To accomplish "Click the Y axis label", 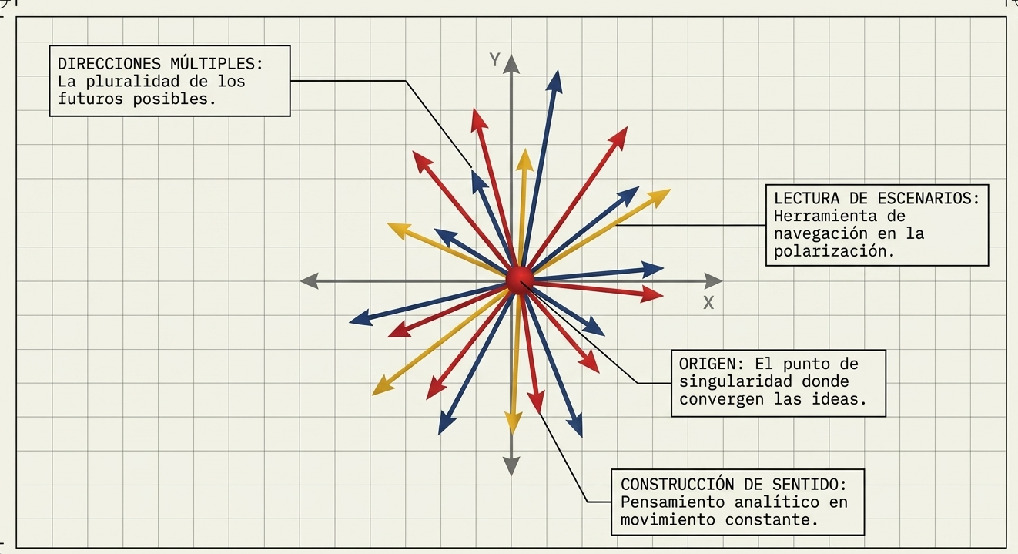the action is click(494, 60).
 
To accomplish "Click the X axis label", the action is click(708, 303).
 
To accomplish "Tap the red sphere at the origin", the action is click(520, 280).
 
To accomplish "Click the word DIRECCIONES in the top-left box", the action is click(109, 64).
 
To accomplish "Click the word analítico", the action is click(777, 502).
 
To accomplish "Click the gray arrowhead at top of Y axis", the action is click(511, 64).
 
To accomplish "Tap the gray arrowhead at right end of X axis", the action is click(713, 281).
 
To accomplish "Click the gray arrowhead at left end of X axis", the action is click(310, 281).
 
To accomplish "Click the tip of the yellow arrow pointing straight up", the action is click(525, 148).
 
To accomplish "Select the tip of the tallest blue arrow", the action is click(558, 70).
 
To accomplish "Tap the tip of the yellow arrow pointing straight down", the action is click(513, 435).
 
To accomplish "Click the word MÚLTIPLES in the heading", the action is click(217, 63).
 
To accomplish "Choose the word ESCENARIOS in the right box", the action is click(929, 198).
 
